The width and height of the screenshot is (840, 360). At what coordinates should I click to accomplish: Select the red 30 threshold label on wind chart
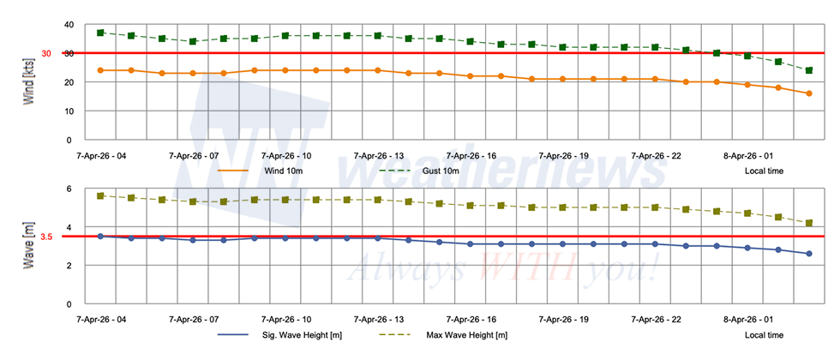tap(46, 53)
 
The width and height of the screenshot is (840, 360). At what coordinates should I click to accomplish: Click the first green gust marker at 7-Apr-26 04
tap(100, 33)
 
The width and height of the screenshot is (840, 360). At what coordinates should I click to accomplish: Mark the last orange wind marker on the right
tap(808, 93)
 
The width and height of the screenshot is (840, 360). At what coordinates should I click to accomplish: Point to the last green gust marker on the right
tap(808, 70)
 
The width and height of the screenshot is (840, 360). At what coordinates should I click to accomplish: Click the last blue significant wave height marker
tap(808, 254)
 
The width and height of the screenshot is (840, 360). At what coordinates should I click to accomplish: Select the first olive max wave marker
tap(100, 195)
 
